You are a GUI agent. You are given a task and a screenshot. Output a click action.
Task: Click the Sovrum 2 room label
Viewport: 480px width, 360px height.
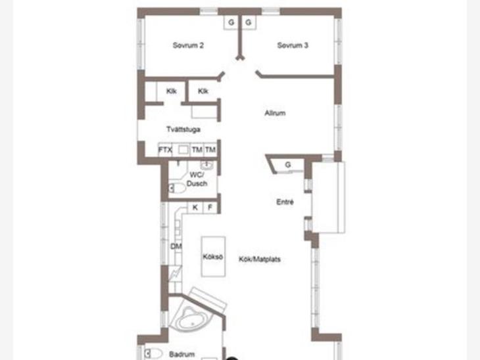click(188, 45)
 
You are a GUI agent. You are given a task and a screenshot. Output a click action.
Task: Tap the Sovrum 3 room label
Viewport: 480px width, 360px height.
click(293, 45)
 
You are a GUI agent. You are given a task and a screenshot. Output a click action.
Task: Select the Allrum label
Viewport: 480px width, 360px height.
click(275, 113)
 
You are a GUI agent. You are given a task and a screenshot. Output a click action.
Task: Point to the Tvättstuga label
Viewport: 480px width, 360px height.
click(183, 129)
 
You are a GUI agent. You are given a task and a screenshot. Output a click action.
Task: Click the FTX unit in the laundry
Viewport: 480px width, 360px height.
click(165, 150)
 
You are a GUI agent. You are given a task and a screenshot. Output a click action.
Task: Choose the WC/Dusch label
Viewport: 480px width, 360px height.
click(197, 179)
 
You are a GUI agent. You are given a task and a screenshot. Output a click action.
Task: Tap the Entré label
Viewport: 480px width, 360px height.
click(285, 202)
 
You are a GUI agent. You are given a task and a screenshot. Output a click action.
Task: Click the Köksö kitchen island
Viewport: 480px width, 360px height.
click(213, 257)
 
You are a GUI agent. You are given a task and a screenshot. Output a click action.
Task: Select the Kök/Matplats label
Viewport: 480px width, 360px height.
click(260, 259)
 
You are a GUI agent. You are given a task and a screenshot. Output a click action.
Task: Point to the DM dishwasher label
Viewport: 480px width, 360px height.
click(176, 246)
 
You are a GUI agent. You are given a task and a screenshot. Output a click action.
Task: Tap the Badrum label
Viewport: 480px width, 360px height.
click(182, 354)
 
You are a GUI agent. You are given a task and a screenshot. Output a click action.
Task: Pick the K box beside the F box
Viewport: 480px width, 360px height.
click(195, 208)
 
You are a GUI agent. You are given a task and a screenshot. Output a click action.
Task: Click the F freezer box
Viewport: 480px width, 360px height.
click(210, 208)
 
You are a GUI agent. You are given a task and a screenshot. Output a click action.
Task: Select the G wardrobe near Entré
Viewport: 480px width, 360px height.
click(288, 165)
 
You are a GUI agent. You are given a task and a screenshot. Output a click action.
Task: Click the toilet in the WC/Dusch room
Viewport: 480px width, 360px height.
click(178, 189)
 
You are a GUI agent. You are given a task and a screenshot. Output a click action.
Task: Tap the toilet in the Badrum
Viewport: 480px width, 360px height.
click(153, 354)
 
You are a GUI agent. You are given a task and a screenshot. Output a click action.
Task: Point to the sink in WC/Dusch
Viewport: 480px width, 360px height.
click(206, 165)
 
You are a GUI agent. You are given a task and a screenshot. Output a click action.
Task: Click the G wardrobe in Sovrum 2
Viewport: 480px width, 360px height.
click(231, 22)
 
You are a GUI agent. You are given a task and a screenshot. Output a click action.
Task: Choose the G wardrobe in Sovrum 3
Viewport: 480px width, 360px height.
click(249, 22)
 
